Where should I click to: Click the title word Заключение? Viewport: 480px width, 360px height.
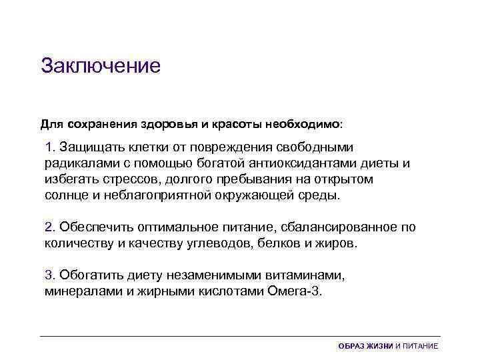(x=101, y=66)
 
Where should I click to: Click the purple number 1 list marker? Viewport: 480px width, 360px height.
(x=49, y=146)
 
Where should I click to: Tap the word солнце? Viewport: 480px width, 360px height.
(x=65, y=196)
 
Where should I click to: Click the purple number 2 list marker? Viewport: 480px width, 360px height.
(x=49, y=227)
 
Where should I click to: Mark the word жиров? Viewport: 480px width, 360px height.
(x=336, y=244)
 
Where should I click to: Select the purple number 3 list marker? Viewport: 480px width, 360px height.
(x=49, y=275)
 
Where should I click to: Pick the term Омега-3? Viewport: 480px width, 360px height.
(x=297, y=292)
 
